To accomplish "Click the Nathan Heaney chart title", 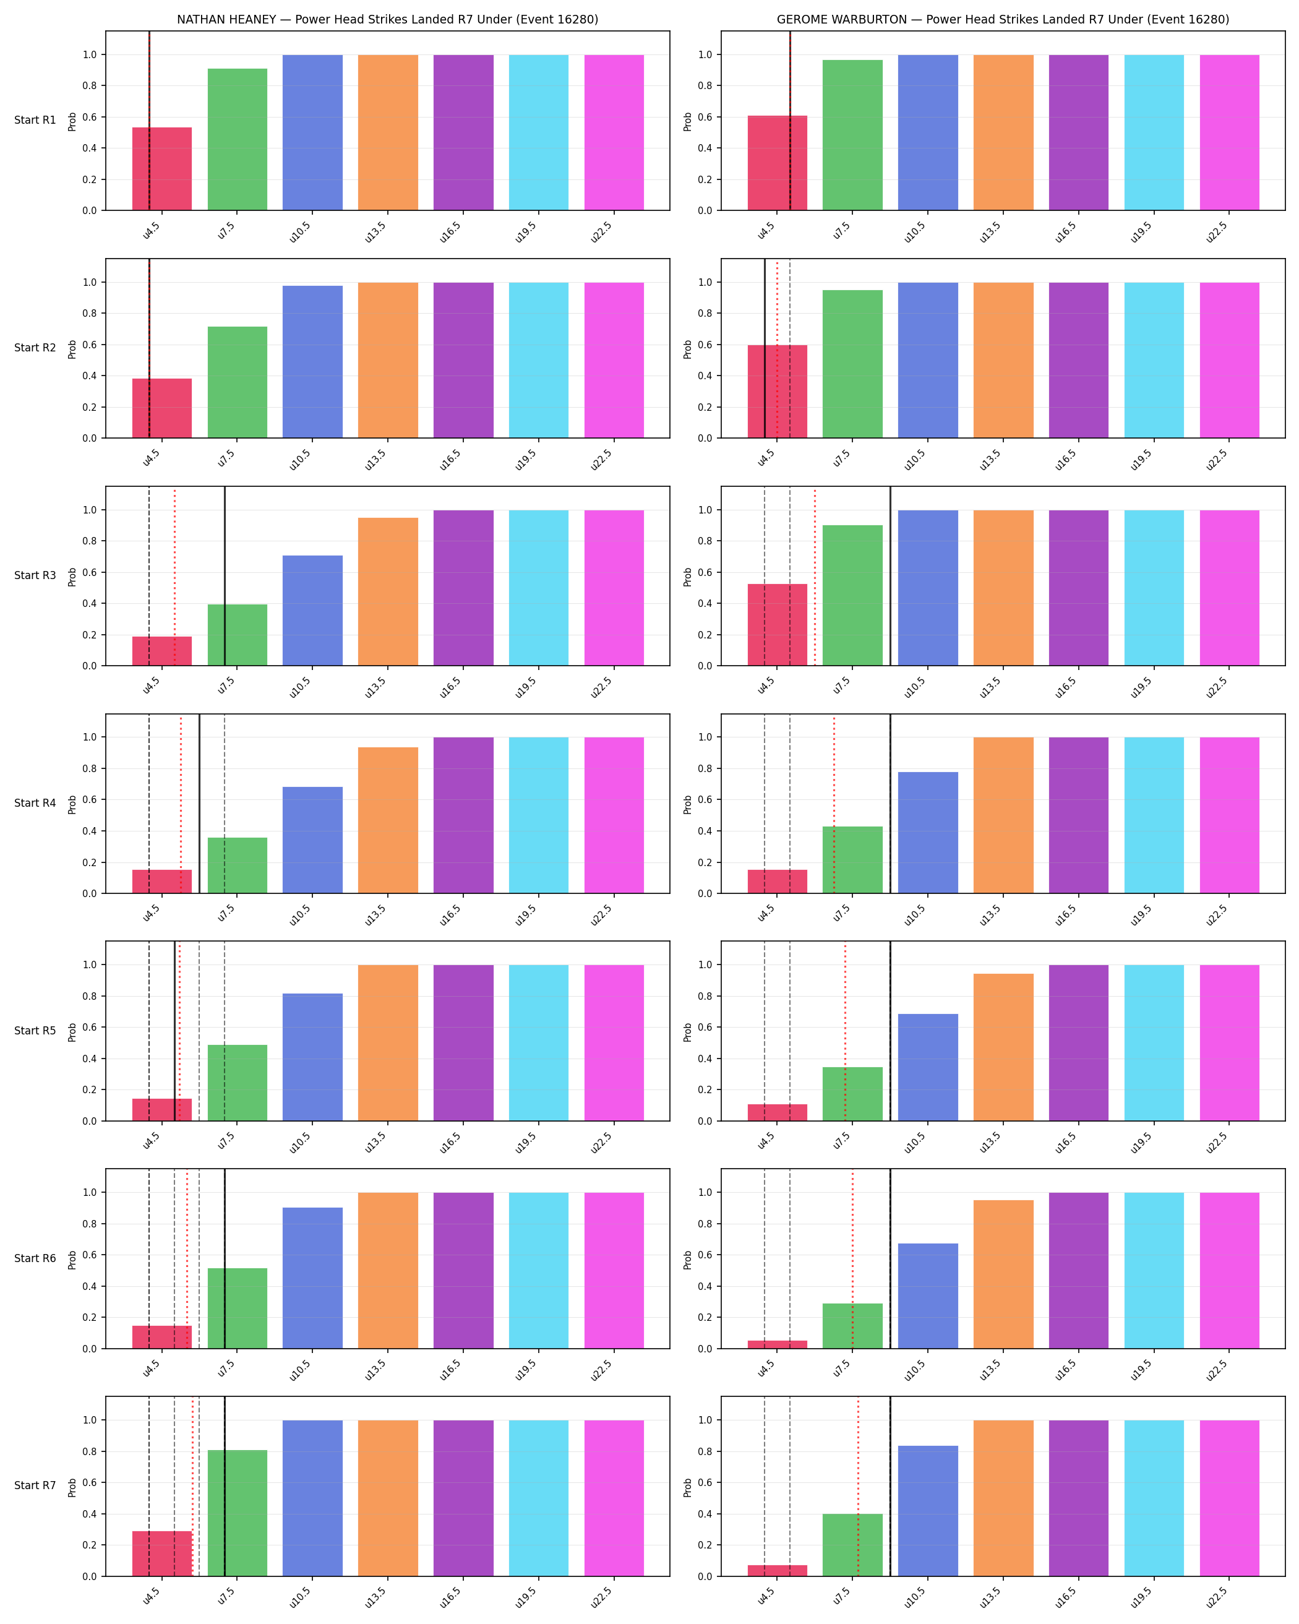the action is pos(387,20).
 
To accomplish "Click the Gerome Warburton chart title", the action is pos(1002,20).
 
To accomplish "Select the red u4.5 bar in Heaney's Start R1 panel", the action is pos(162,169).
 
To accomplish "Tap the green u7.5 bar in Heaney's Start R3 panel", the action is pos(237,635).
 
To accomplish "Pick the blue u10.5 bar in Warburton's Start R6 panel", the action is pos(928,1295).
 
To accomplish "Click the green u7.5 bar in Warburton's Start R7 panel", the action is pos(852,1545).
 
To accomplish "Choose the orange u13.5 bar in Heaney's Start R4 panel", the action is pos(388,820).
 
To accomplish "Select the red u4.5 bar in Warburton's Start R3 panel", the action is pos(777,624).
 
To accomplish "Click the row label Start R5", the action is pos(35,1031).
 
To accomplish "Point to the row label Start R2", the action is pos(35,347).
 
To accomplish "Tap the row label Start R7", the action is pos(35,1485).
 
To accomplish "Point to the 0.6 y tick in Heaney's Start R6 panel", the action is pos(90,1255).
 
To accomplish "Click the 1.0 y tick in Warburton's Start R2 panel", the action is pos(705,283).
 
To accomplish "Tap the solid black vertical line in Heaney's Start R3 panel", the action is pos(225,576).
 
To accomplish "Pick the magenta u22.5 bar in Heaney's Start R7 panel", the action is pos(614,1498).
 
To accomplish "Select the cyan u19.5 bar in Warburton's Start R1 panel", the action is pos(1154,132).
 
